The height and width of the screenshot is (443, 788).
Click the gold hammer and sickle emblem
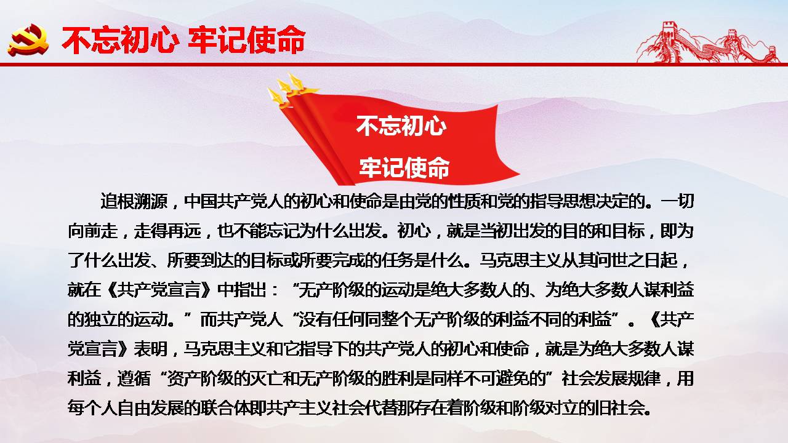(x=28, y=40)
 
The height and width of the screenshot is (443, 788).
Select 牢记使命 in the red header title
(x=247, y=40)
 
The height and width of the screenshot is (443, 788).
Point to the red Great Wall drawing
(x=708, y=43)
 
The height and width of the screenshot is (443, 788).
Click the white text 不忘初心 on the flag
(x=401, y=126)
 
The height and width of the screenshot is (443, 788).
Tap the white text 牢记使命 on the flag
(x=404, y=167)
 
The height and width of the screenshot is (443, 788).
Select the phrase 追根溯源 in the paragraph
(x=134, y=201)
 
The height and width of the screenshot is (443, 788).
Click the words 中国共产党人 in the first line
(x=233, y=201)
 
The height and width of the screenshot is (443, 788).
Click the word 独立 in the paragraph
(x=100, y=319)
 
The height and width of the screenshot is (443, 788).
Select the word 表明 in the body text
(x=150, y=349)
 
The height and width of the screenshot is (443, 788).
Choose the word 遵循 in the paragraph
(x=134, y=378)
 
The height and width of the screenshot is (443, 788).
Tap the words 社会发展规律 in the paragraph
(x=611, y=378)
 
